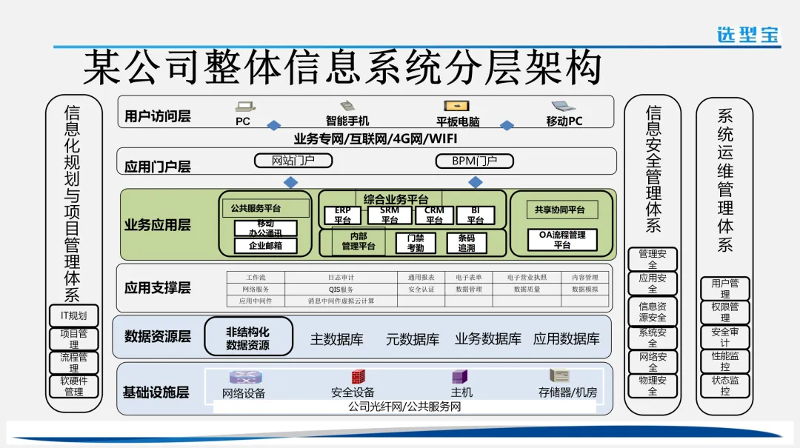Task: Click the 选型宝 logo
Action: (747, 34)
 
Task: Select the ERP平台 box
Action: (342, 215)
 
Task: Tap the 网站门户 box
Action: (293, 161)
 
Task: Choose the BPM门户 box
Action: (475, 161)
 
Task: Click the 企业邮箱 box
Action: (264, 246)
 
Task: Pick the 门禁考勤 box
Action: (416, 243)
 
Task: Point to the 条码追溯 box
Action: (467, 243)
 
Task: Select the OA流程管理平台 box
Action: (561, 240)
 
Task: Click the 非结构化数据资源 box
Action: (248, 338)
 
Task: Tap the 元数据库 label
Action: (413, 339)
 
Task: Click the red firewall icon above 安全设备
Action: (359, 377)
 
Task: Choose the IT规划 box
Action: (73, 315)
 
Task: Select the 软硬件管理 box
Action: (73, 387)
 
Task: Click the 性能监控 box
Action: (725, 361)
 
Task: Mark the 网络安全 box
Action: (652, 362)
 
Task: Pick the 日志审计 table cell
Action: (341, 278)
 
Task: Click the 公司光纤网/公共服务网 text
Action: (404, 407)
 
